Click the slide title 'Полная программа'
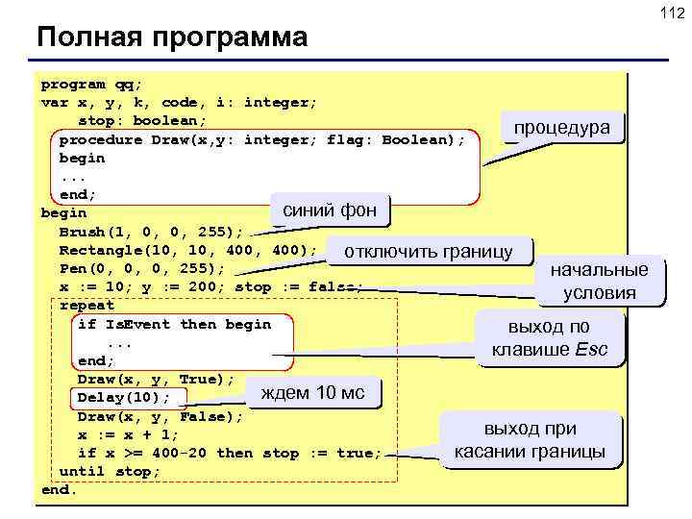[172, 38]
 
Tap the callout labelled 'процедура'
[567, 129]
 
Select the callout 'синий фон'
[330, 210]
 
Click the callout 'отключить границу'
[428, 252]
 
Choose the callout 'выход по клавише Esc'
[549, 337]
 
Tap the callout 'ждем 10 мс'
[313, 392]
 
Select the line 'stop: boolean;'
[142, 121]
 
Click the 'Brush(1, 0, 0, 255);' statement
[152, 232]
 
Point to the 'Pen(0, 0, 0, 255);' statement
[142, 268]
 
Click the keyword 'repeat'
[86, 306]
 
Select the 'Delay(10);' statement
[124, 398]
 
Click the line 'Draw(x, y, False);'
[161, 416]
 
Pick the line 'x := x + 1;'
[128, 434]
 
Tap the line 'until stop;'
[110, 472]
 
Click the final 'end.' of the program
[59, 490]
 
